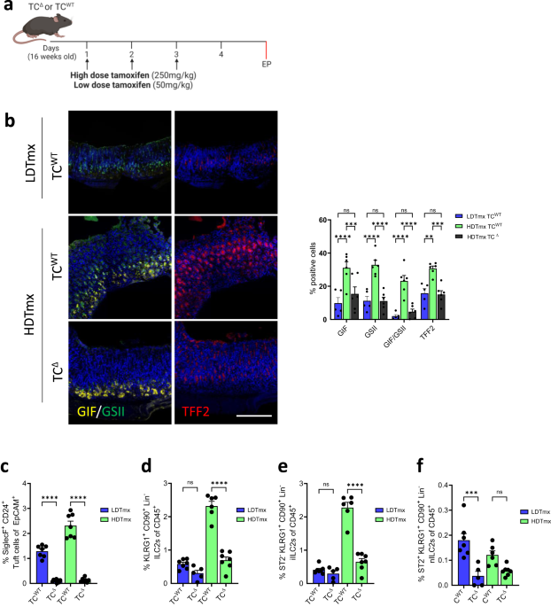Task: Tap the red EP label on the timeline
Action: [266, 64]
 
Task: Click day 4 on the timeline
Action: [221, 55]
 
